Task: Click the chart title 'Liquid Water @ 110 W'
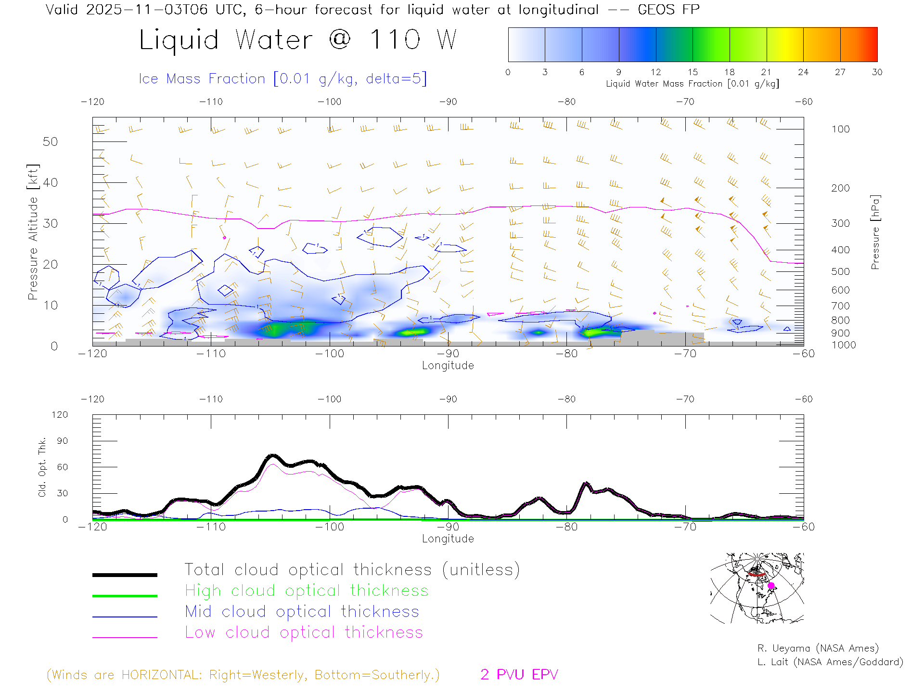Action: [x=297, y=40]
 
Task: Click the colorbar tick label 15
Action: [x=693, y=72]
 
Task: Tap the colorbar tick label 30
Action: [x=877, y=72]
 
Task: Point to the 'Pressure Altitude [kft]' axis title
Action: [x=33, y=232]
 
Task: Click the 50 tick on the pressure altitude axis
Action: [x=50, y=141]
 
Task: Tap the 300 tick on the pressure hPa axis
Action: [x=840, y=223]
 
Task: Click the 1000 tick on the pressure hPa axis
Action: [x=843, y=345]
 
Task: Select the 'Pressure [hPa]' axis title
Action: [x=875, y=232]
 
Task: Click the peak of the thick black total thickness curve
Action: [x=273, y=455]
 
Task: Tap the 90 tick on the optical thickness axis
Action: [x=62, y=441]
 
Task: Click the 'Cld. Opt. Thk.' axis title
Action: [x=42, y=467]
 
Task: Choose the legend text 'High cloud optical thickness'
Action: [x=307, y=590]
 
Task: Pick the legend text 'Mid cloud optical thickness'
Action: [x=302, y=612]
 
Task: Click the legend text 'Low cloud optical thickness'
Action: [x=304, y=632]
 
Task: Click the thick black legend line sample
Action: [x=125, y=575]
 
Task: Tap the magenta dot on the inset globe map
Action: [x=771, y=586]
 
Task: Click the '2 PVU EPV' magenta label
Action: [x=519, y=675]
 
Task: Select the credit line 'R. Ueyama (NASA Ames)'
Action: [x=818, y=648]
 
